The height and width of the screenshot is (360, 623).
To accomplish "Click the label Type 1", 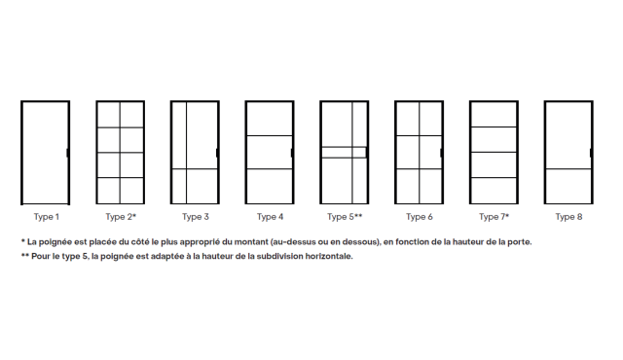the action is click(47, 217).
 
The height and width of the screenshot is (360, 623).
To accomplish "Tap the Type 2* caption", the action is click(121, 217).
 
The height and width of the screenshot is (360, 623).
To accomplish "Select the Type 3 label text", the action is click(196, 217).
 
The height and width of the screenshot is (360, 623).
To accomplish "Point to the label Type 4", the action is click(271, 217).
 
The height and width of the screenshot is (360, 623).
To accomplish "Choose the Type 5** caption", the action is click(345, 217).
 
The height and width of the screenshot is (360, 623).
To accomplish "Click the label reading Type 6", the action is click(420, 217).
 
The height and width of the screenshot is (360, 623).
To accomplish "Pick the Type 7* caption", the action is click(494, 217).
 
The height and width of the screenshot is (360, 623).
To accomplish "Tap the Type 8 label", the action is click(568, 217).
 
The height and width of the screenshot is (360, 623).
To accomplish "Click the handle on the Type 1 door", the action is click(67, 153).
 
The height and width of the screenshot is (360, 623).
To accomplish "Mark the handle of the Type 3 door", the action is click(217, 153).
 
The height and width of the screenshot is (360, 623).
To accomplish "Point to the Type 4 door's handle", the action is click(292, 153).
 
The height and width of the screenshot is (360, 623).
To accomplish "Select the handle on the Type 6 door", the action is click(441, 153).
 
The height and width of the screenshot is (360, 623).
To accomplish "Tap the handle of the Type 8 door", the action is click(591, 153).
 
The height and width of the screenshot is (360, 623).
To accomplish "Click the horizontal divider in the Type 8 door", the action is click(568, 169).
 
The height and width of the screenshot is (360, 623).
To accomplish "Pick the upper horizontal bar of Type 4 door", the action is click(270, 136).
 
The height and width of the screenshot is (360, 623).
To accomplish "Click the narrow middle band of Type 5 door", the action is click(344, 153).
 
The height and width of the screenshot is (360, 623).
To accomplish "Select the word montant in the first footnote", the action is click(251, 241).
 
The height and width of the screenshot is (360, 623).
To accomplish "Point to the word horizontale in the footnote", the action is click(329, 257).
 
